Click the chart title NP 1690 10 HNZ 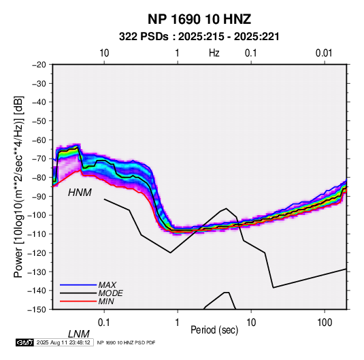click(x=199, y=19)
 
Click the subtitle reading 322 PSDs click(x=144, y=37)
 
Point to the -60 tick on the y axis click(x=39, y=140)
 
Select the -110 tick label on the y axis click(x=37, y=234)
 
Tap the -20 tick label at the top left click(x=39, y=65)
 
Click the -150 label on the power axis click(x=37, y=310)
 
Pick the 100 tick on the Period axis click(x=325, y=323)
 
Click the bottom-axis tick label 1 click(x=178, y=323)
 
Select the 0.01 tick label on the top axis click(x=324, y=53)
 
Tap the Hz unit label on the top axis click(x=214, y=53)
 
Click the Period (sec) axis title click(x=214, y=330)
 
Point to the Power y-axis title click(x=18, y=186)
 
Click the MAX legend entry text click(x=107, y=285)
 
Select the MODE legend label click(x=110, y=293)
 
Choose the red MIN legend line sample click(x=78, y=301)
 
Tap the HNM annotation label click(x=80, y=193)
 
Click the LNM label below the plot click(x=78, y=334)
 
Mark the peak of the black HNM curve click(x=227, y=208)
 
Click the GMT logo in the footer click(x=24, y=342)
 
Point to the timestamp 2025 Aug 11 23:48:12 click(x=63, y=342)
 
